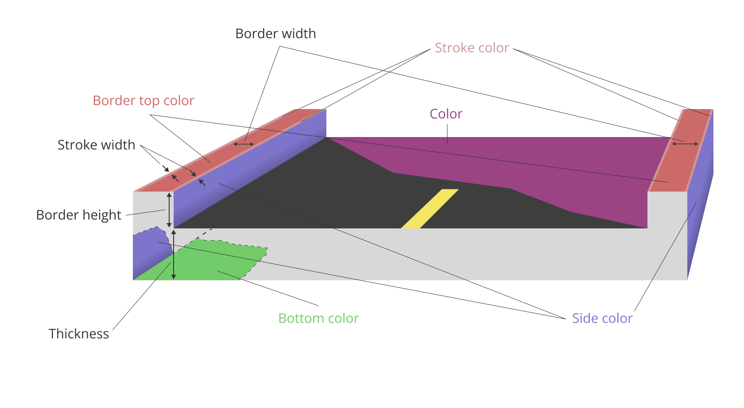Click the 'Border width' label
pyautogui.click(x=275, y=34)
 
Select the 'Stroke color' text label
pyautogui.click(x=472, y=48)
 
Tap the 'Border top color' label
pyautogui.click(x=143, y=101)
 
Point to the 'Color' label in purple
pyautogui.click(x=446, y=114)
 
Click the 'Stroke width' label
pyautogui.click(x=96, y=145)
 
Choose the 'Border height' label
pyautogui.click(x=78, y=215)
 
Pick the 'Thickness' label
pyautogui.click(x=79, y=334)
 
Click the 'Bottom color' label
pyautogui.click(x=318, y=318)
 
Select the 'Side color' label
pyautogui.click(x=602, y=318)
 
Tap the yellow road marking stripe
pyautogui.click(x=430, y=209)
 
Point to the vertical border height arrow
pyautogui.click(x=169, y=210)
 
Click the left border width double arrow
pyautogui.click(x=244, y=144)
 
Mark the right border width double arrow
pyautogui.click(x=685, y=144)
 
